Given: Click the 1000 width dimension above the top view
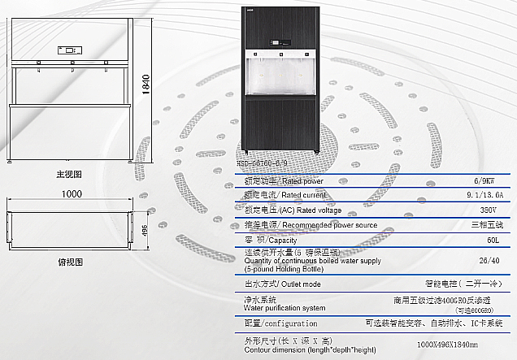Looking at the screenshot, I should coord(72,195).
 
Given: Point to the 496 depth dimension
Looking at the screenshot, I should coord(145,231).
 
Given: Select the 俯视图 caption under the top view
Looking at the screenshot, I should coord(71,263).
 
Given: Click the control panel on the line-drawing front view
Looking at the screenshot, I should coord(68,50).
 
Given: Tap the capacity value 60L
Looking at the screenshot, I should coord(493,241).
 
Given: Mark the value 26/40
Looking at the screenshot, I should coord(489,261).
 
